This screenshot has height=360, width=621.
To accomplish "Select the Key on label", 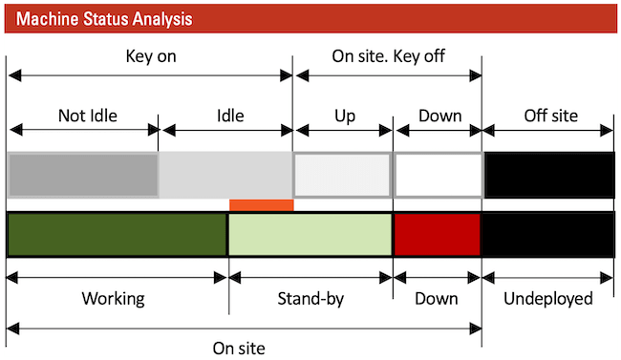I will coord(151,56).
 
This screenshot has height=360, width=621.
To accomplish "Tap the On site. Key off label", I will coord(388,56).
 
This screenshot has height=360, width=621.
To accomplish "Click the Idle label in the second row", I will coord(230,116).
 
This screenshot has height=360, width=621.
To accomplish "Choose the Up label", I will coord(344,116).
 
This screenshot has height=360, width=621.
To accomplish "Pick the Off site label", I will coord(551,116).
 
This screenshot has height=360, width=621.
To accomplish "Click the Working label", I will coord(113,299).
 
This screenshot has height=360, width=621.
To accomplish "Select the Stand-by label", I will coord(310,299).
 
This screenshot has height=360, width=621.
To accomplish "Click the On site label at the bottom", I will coord(239,348).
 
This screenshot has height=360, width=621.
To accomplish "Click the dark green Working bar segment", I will coord(117,235).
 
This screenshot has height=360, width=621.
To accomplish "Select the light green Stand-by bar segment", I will coord(310,235).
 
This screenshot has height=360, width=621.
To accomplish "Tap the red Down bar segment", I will coord(437,235).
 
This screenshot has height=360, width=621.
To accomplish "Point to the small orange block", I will coord(261,204).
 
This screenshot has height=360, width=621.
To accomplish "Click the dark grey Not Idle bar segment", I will coord(82,175).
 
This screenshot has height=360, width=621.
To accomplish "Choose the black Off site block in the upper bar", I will coord(548,175).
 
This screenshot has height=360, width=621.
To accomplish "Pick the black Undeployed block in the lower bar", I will coord(548,235).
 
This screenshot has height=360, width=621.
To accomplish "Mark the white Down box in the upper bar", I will coord(438,175).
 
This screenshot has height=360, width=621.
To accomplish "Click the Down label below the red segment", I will coord(437,299).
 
